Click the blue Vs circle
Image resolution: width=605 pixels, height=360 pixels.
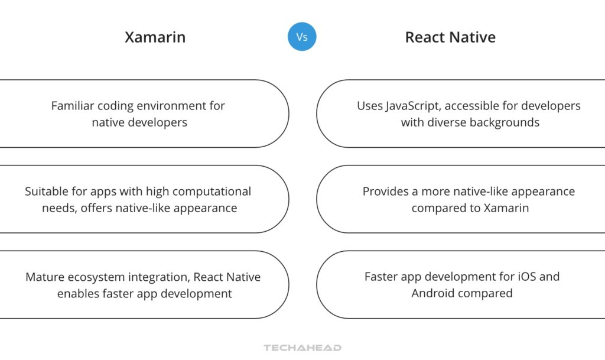pyautogui.click(x=302, y=37)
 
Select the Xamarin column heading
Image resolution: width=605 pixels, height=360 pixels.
pyautogui.click(x=155, y=37)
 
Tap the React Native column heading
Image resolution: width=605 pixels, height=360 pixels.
pyautogui.click(x=450, y=37)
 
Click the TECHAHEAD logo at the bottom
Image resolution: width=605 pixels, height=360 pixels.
pyautogui.click(x=302, y=348)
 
